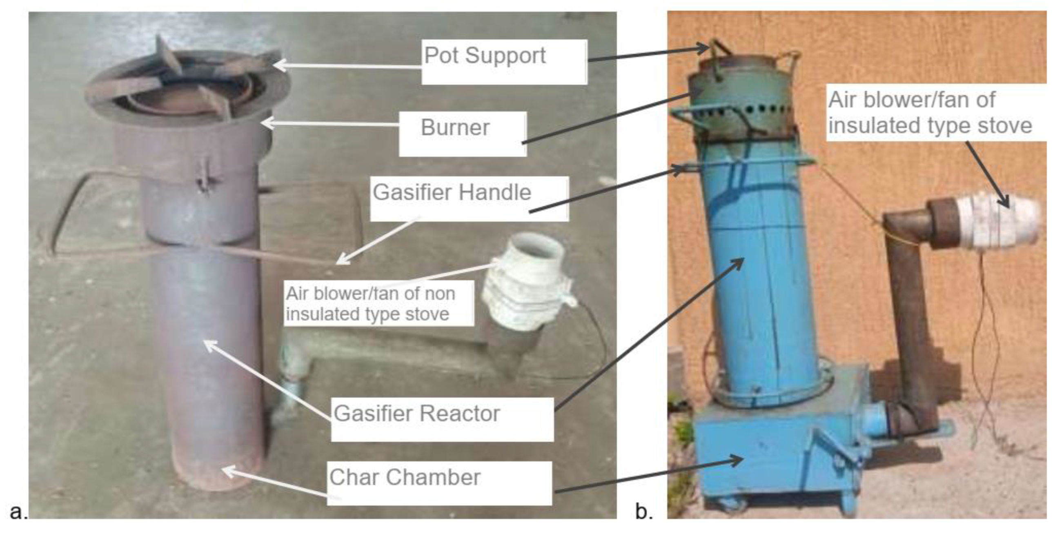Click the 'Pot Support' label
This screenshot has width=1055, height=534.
tap(485, 56)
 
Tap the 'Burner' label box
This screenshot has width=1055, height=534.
tap(455, 128)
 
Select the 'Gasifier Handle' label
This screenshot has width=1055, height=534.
tap(452, 192)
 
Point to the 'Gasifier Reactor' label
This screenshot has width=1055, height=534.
tap(417, 414)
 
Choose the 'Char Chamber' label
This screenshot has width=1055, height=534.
tap(405, 478)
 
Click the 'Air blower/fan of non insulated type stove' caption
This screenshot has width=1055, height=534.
tap(371, 304)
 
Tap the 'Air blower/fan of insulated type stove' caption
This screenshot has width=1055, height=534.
tap(930, 113)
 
